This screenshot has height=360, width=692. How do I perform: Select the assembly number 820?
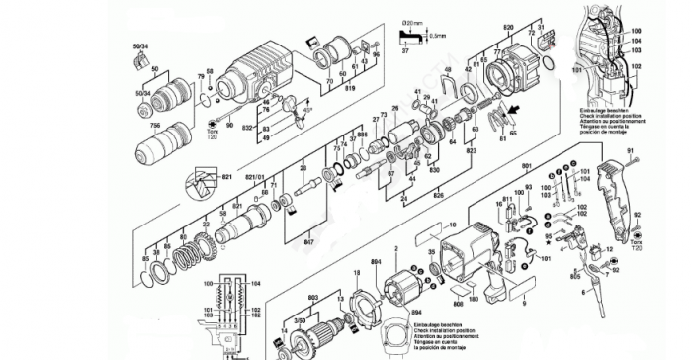coord(509,25)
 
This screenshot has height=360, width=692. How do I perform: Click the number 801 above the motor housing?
coord(526,165)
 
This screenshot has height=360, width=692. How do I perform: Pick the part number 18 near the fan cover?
coord(355,271)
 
